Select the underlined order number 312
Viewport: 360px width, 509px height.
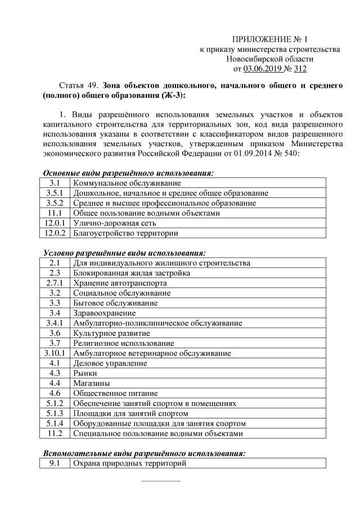point(300,69)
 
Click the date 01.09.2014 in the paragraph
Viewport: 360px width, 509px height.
point(258,152)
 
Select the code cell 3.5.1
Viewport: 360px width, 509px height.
point(55,193)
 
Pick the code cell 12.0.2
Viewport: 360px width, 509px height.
point(55,233)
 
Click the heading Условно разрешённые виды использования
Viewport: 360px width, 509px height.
point(124,253)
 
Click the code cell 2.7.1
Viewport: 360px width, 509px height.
point(55,283)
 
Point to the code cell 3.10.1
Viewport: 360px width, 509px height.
point(55,353)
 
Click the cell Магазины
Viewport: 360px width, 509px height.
point(91,383)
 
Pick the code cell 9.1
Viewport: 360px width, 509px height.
point(55,463)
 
